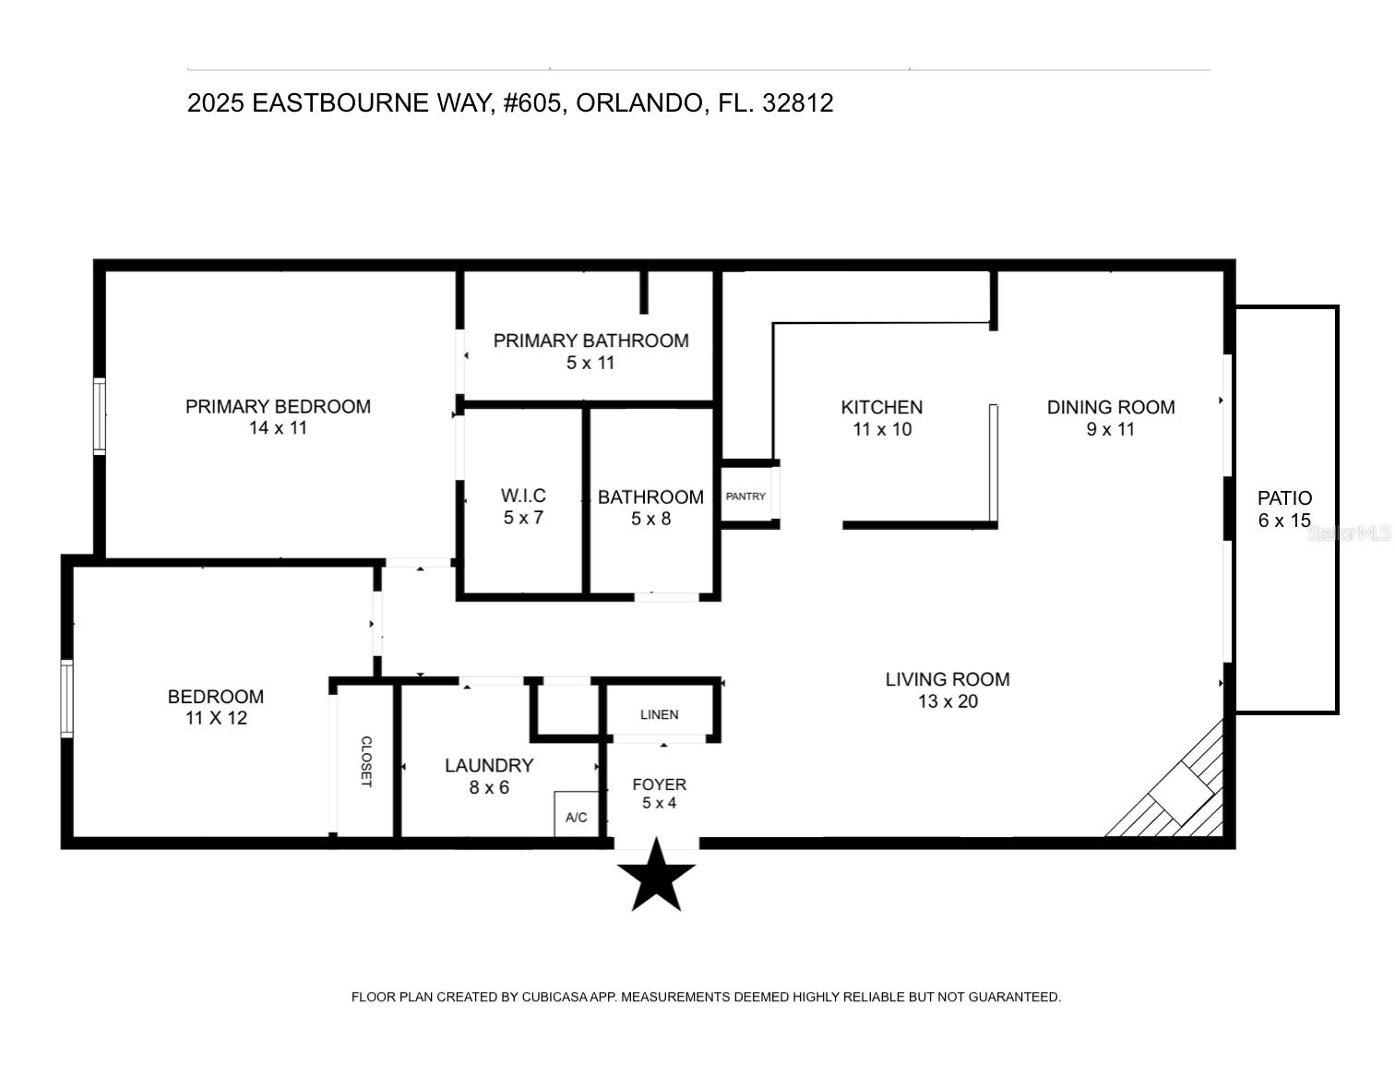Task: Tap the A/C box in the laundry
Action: (577, 816)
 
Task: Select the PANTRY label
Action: (745, 497)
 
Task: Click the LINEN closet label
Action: (659, 714)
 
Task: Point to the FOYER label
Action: (659, 784)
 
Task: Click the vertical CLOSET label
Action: (365, 761)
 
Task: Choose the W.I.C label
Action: (523, 496)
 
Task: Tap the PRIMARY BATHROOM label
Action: (590, 341)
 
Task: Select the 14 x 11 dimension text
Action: (278, 428)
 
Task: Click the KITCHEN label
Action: (881, 407)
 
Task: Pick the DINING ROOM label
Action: (1110, 407)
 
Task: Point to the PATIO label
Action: (1284, 498)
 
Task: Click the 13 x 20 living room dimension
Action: (948, 701)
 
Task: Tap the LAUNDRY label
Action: (489, 765)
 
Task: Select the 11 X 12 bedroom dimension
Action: (216, 718)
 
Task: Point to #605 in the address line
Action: (532, 102)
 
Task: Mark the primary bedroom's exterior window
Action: (100, 415)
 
